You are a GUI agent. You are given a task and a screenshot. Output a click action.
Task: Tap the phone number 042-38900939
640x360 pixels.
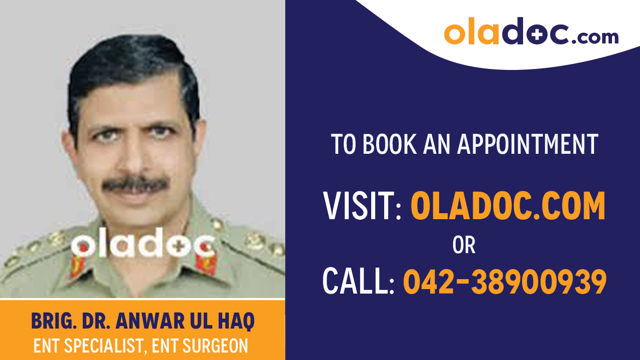tap(505, 281)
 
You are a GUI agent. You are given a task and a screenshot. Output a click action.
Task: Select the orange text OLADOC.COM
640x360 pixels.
tap(508, 206)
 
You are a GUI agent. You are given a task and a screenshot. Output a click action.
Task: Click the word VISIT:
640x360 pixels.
tap(362, 206)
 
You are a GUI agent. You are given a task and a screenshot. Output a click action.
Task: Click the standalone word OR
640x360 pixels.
tap(464, 245)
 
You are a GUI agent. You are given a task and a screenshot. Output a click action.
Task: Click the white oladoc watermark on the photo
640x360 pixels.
tap(142, 245)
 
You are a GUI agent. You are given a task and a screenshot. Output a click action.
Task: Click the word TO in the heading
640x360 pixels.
tap(344, 144)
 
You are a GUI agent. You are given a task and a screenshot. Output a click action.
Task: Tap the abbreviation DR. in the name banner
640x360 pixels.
tap(93, 322)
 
